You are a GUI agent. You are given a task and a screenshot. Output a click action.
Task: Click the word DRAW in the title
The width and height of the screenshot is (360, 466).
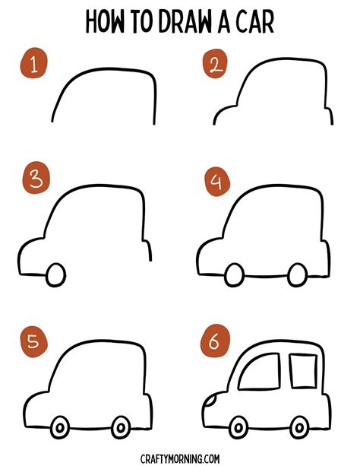tap(185, 22)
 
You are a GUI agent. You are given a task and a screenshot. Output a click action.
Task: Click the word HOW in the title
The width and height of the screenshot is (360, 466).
tap(105, 22)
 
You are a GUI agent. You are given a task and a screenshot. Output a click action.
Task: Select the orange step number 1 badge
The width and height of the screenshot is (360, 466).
tap(33, 63)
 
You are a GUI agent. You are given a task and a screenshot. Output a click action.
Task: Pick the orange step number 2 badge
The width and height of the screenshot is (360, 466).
tap(215, 64)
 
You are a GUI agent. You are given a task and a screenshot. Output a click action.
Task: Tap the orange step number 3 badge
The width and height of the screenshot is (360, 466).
tap(36, 177)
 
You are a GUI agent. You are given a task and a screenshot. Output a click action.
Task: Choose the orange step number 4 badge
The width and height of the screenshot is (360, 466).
tap(217, 181)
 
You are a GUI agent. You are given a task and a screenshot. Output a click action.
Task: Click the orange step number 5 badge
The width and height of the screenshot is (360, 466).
tap(34, 341)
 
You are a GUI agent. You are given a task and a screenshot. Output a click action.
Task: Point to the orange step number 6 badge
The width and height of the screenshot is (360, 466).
tap(215, 341)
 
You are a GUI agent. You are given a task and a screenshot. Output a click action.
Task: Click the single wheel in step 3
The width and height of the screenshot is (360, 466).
tap(56, 275)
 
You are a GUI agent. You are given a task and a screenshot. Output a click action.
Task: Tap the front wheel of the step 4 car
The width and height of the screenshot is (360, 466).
tap(235, 275)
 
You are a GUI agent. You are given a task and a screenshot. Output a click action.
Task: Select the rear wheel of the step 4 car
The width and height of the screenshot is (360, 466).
tap(297, 275)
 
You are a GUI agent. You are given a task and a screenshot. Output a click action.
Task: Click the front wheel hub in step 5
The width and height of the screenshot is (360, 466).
tap(60, 428)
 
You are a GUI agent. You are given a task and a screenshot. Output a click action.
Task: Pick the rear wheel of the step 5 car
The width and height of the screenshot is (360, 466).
tap(121, 428)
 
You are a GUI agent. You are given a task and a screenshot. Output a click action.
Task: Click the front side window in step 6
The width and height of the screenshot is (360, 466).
tap(259, 372)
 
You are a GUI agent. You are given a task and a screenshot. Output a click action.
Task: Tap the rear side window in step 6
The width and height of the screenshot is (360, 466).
tap(303, 371)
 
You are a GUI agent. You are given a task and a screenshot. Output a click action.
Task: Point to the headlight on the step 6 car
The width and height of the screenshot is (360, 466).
tap(211, 401)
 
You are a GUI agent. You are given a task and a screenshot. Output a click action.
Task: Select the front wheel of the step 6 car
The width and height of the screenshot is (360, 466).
tap(238, 428)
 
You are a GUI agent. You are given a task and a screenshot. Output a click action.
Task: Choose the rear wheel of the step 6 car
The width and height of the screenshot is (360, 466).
tap(300, 428)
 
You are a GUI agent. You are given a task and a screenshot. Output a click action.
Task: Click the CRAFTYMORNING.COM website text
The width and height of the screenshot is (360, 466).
tap(180, 458)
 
